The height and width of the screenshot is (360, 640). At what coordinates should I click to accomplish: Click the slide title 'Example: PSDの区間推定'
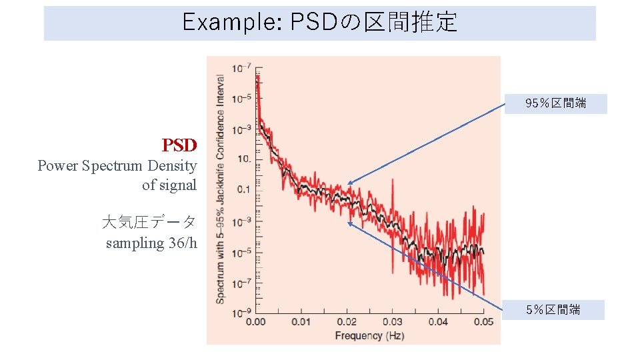319,23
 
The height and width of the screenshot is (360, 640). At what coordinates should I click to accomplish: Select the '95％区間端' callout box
555,103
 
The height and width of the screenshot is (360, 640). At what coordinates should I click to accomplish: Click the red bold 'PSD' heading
179,145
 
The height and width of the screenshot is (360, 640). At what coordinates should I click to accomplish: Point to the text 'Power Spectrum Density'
117,165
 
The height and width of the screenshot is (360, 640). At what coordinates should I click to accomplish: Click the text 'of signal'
169,185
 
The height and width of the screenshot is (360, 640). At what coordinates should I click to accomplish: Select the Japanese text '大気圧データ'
149,222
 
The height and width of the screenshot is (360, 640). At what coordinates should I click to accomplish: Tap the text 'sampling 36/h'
151,243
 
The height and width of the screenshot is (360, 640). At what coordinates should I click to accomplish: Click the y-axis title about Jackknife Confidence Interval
220,189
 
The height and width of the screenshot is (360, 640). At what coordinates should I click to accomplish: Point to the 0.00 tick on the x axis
256,323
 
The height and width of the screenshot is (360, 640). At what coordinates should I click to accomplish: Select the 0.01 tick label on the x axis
301,323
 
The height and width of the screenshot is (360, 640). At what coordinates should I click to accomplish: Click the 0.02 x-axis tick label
347,323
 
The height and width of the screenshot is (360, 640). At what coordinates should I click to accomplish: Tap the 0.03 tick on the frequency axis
393,323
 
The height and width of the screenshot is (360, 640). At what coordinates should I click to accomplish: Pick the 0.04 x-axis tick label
438,323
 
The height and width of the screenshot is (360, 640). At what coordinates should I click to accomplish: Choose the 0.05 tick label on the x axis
483,323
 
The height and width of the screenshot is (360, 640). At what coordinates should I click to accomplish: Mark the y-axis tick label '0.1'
242,190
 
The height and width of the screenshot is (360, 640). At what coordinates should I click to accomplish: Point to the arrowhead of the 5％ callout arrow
349,223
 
